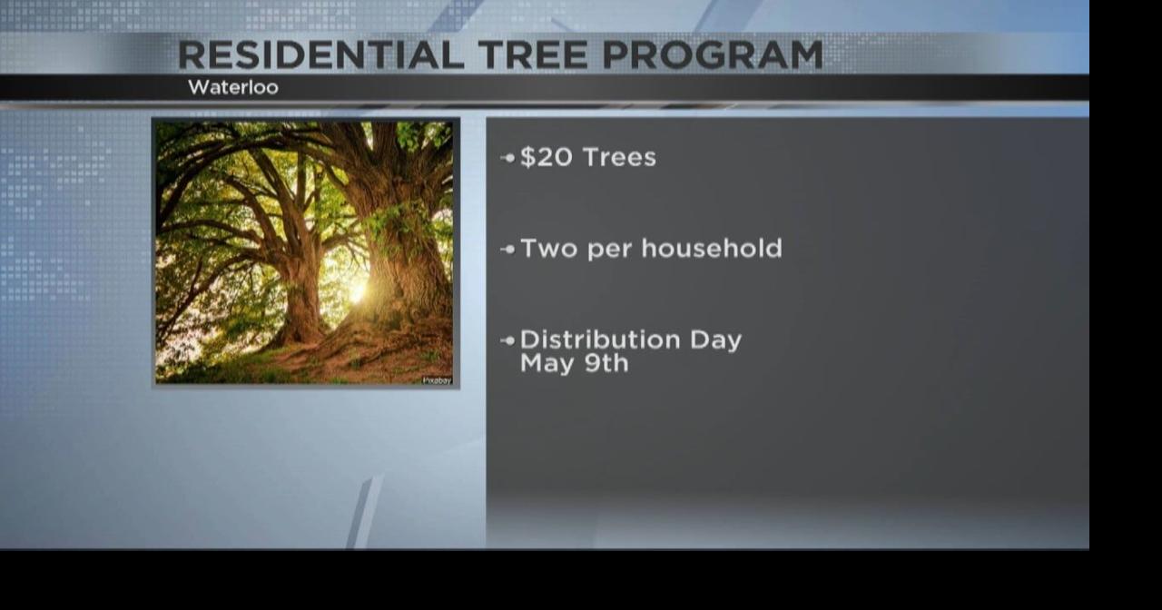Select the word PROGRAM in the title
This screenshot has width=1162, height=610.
(713, 55)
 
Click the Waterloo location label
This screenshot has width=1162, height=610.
(233, 88)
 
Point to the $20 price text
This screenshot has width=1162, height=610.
(547, 157)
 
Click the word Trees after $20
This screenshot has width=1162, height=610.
(620, 157)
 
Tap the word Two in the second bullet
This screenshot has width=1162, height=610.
(548, 248)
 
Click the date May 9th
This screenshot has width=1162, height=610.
(574, 363)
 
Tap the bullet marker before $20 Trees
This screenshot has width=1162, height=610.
(507, 158)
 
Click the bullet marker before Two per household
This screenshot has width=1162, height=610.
(507, 249)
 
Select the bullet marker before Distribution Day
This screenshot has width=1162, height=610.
(507, 340)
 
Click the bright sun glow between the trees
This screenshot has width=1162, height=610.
(357, 290)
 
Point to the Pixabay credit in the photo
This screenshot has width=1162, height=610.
(437, 380)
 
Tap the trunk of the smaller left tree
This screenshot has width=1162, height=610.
(301, 300)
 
